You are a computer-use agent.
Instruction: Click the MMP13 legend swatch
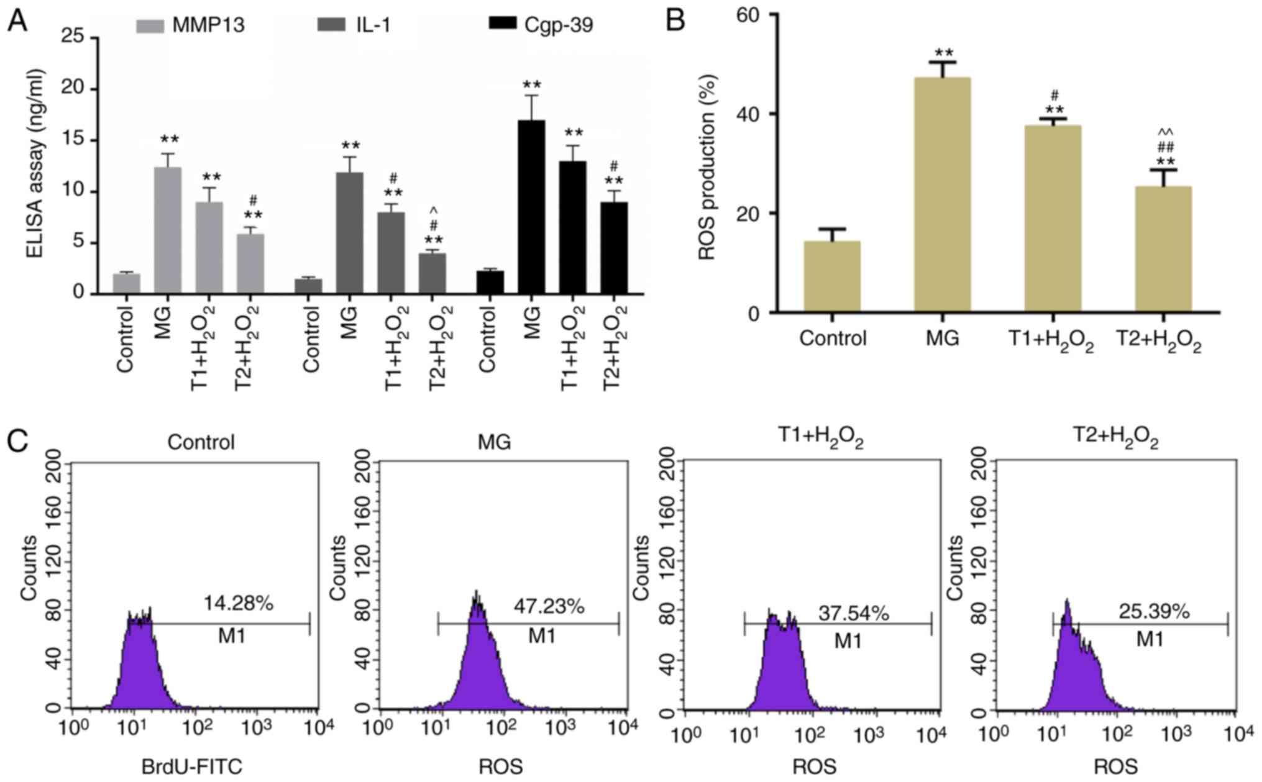(150, 25)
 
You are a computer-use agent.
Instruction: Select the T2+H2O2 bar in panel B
(1163, 248)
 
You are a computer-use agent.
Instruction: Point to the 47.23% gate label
(549, 606)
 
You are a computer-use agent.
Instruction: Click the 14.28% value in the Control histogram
(238, 602)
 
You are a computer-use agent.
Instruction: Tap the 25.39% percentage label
(1154, 612)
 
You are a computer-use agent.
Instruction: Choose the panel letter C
(18, 442)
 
